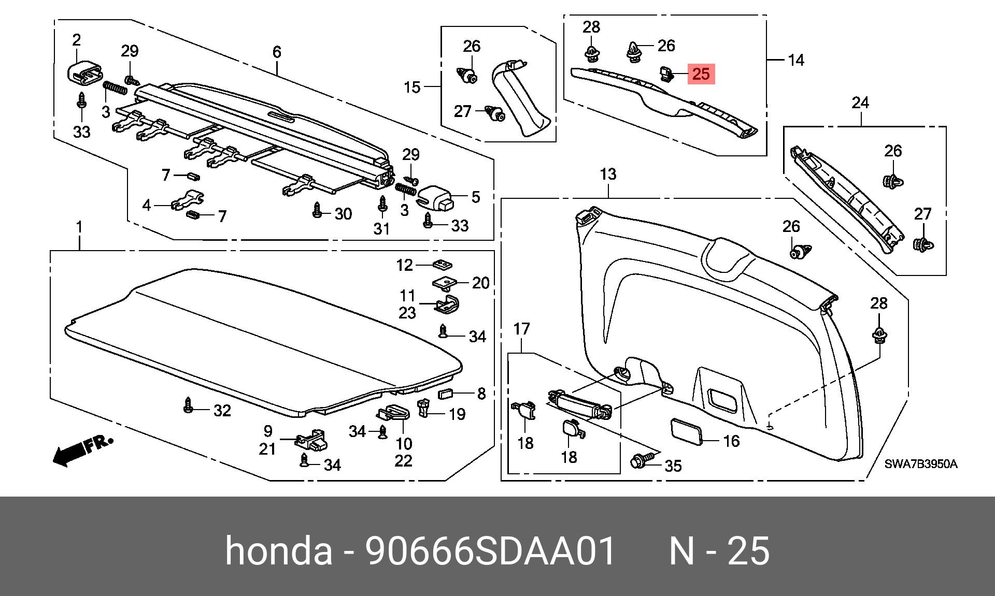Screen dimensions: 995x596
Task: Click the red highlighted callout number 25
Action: coord(701,74)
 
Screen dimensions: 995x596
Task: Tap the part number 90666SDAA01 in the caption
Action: coord(490,550)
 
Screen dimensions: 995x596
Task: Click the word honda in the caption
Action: coord(279,550)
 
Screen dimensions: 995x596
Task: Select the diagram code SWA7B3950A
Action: coord(921,464)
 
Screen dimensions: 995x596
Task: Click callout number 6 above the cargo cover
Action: coord(277,52)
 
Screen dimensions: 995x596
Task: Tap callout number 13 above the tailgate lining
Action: coord(608,174)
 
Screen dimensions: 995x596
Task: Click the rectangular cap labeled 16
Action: coord(687,431)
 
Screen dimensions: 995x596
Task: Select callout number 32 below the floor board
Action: coord(222,411)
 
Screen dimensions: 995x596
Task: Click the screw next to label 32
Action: coord(189,405)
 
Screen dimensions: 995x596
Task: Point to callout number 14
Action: coord(796,60)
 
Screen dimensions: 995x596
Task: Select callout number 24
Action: coord(860,103)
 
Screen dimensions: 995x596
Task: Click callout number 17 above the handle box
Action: coord(521,329)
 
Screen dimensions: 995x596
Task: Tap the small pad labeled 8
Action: coord(446,394)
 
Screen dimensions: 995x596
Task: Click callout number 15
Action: coord(412,87)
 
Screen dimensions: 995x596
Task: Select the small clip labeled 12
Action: coord(442,265)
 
